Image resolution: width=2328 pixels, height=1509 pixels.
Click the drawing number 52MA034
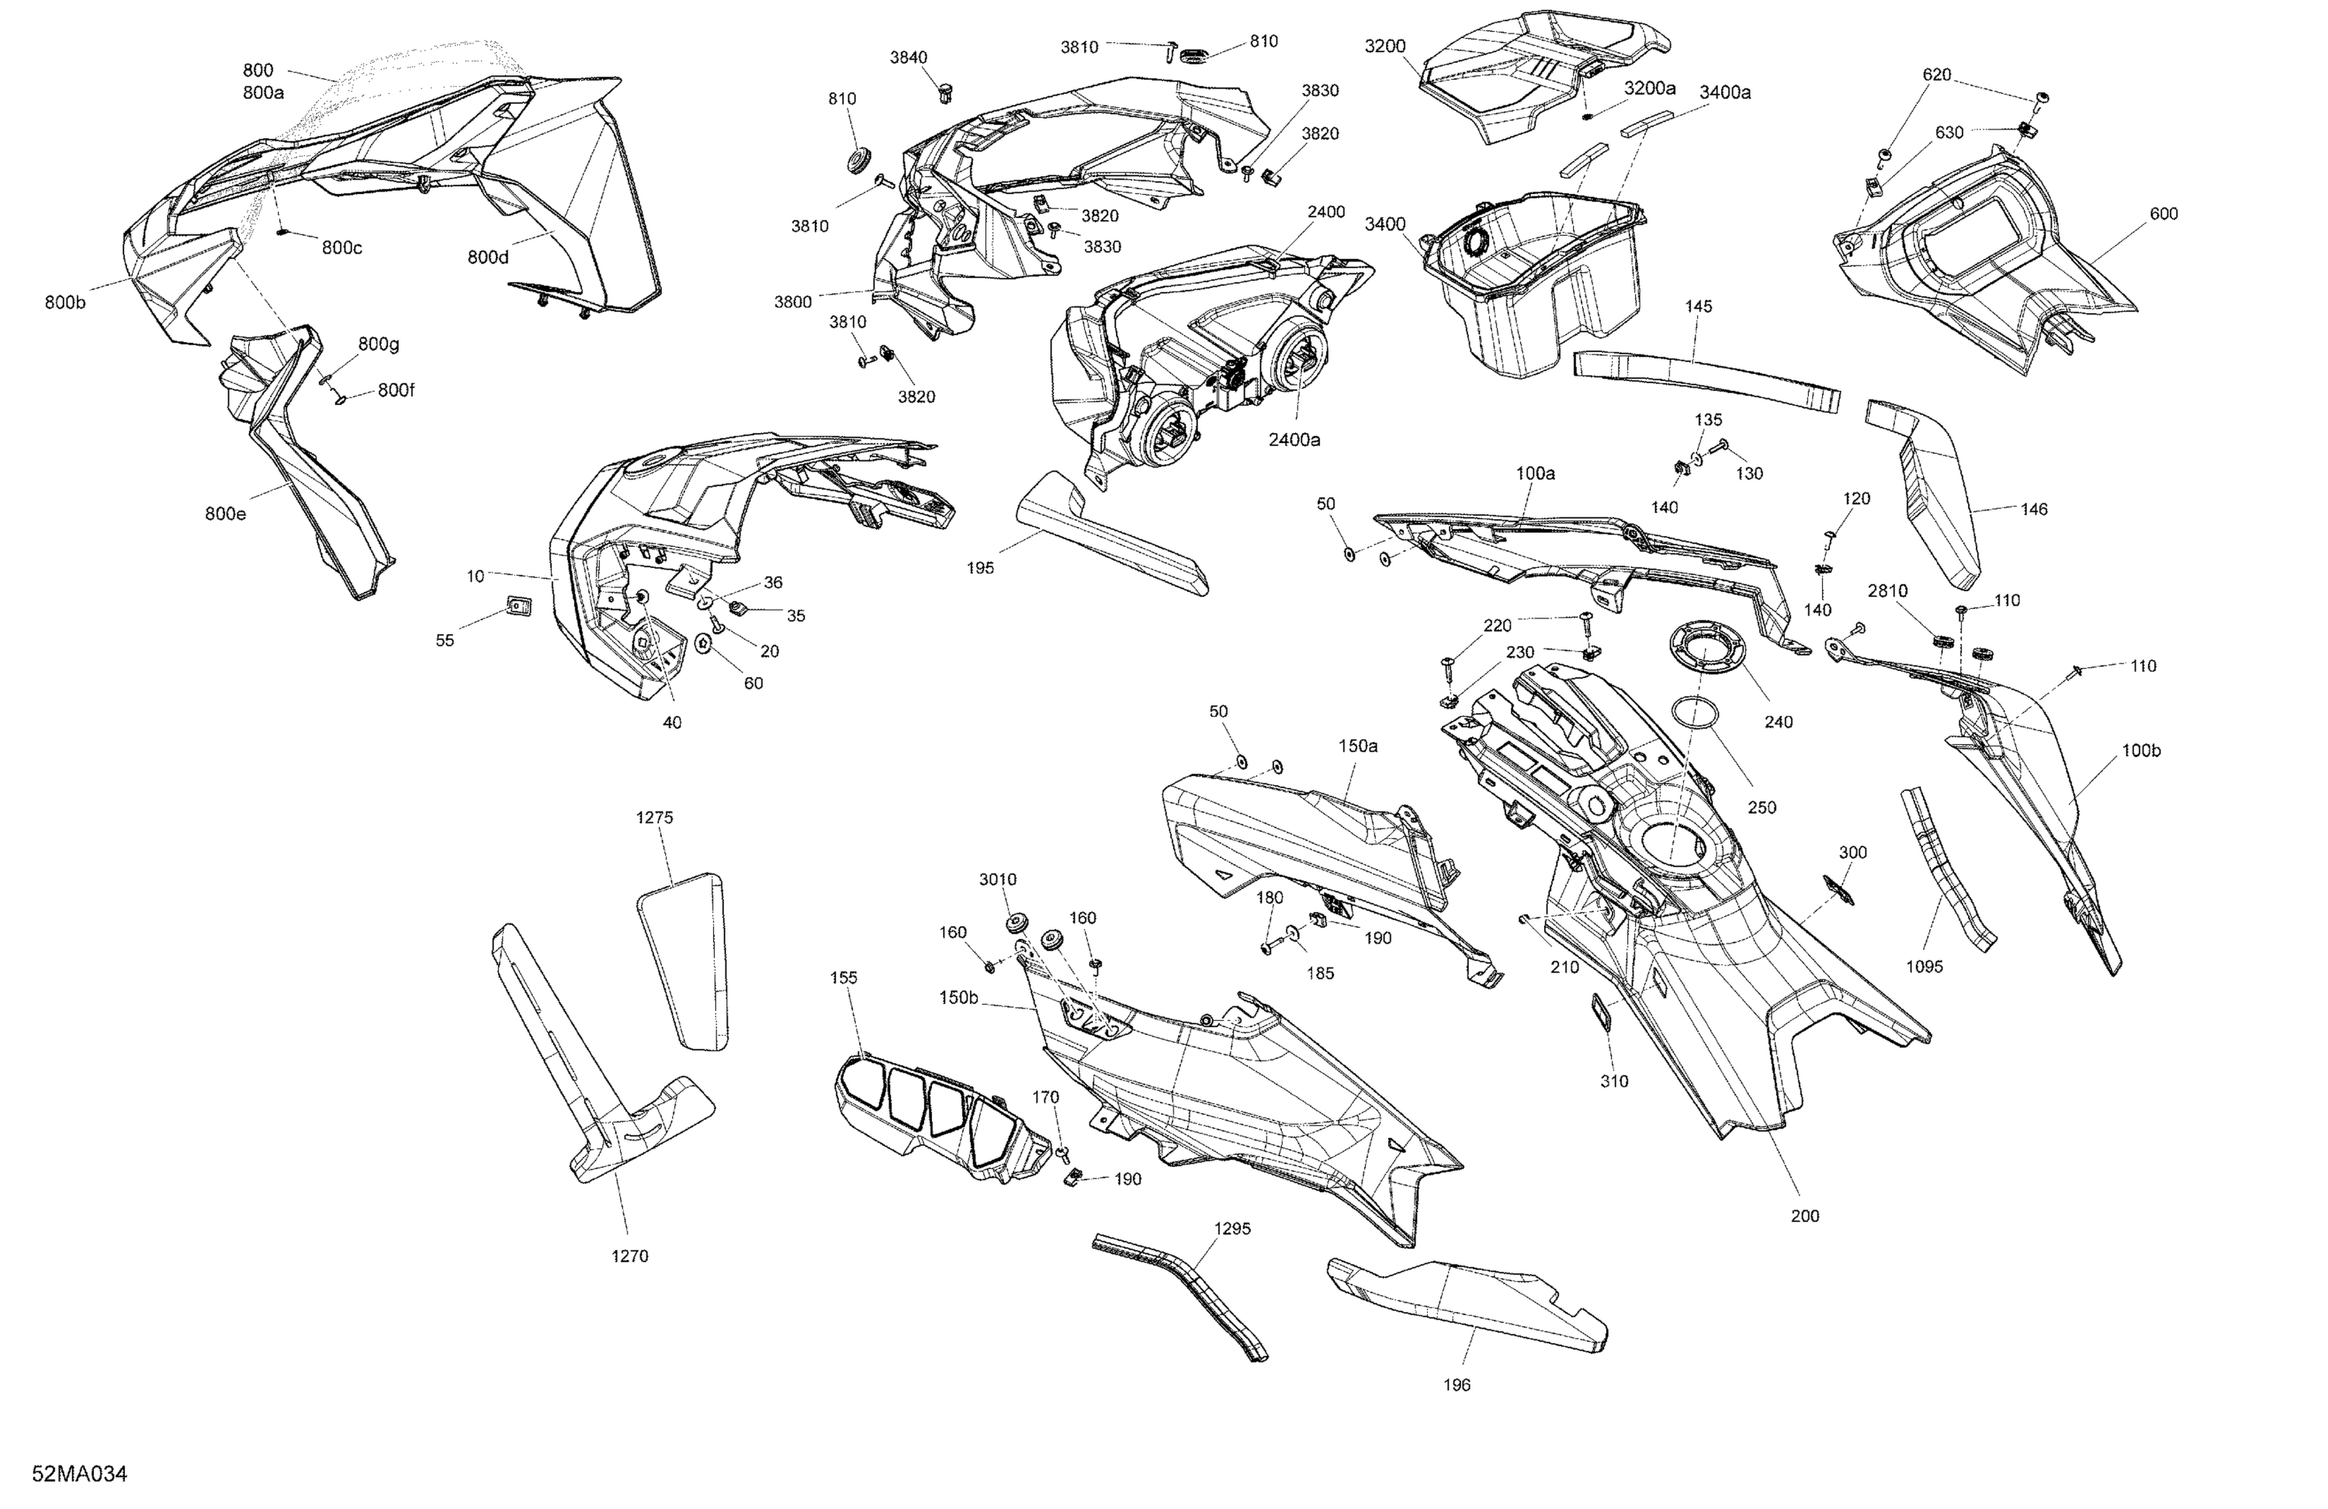[79, 1474]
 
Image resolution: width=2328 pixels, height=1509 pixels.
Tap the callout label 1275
[654, 818]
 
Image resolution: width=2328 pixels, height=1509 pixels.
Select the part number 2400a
[1294, 440]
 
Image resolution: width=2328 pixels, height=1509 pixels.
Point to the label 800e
[226, 514]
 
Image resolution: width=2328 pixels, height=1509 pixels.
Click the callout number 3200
[1385, 46]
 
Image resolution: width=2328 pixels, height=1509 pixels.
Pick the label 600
[2163, 213]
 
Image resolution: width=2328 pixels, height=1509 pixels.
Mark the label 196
[1457, 1385]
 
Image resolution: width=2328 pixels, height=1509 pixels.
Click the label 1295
[1232, 1229]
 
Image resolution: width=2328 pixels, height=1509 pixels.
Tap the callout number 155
[844, 978]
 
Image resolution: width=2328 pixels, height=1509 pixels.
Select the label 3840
[908, 57]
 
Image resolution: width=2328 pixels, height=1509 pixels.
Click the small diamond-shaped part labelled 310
[1605, 1013]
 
